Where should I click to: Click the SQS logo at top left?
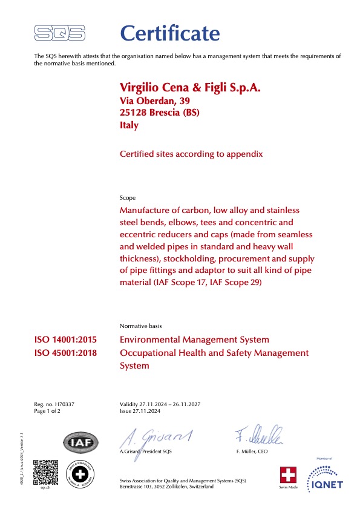[60, 33]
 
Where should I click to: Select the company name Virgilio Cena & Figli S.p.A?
[191, 88]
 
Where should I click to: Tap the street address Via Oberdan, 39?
[155, 102]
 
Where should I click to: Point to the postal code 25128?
[134, 113]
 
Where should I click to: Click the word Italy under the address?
[129, 125]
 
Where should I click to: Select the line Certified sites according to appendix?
[192, 154]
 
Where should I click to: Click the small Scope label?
[128, 198]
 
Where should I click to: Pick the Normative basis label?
[141, 326]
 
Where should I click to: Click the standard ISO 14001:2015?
[67, 340]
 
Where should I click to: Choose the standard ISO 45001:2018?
[67, 353]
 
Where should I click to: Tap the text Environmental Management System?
[195, 340]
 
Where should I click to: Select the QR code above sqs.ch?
[45, 473]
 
